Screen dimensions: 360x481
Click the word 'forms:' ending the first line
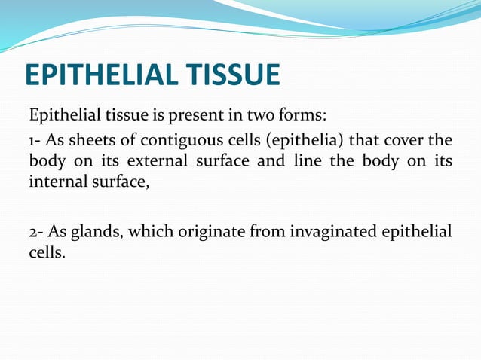point(303,117)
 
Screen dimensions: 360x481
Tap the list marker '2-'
point(36,230)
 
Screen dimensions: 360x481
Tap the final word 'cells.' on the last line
point(47,250)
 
